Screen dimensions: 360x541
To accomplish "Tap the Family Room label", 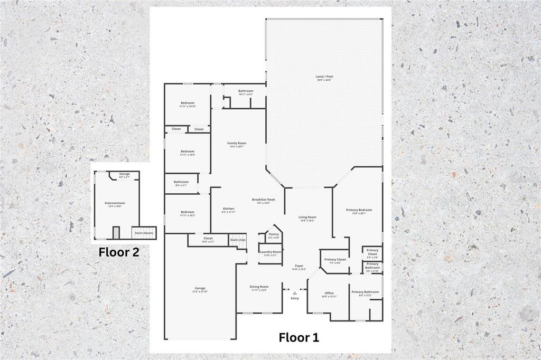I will click(x=237, y=144).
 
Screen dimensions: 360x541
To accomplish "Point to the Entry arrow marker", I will click(x=295, y=293).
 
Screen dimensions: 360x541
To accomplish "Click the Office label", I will click(x=329, y=293).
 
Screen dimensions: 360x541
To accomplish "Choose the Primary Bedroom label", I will click(x=359, y=211).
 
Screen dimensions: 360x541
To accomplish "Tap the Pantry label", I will click(x=274, y=235).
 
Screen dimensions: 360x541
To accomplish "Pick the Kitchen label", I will click(x=228, y=210).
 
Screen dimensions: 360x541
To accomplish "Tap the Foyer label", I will click(x=299, y=267).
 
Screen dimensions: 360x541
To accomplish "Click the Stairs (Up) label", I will click(x=238, y=240).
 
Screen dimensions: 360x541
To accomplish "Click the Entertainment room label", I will click(x=115, y=204).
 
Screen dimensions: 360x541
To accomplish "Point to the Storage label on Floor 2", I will click(x=124, y=174).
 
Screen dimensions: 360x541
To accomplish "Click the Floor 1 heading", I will click(x=299, y=337).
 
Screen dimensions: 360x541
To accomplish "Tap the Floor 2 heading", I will click(x=119, y=252).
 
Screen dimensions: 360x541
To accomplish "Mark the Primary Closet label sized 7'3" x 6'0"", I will click(x=335, y=260).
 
